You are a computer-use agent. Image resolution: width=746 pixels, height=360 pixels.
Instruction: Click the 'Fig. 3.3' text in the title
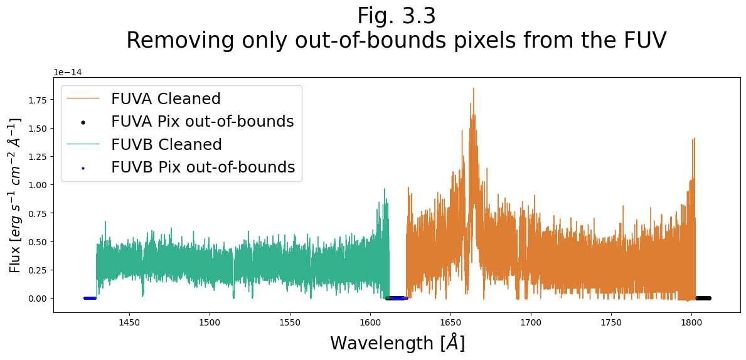pos(396,16)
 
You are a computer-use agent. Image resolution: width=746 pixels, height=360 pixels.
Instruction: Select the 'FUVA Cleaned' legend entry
pos(166,99)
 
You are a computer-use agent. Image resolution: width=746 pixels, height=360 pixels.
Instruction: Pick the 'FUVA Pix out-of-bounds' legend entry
pos(202,122)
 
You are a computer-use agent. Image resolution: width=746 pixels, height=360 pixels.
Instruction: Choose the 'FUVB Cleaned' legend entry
pos(166,145)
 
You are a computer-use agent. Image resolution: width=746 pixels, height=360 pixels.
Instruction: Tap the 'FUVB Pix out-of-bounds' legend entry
pos(203,167)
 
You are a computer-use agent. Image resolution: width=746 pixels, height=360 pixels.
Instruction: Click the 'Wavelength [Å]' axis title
pos(397,343)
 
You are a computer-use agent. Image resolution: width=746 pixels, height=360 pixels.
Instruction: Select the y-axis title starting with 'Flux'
pos(16,195)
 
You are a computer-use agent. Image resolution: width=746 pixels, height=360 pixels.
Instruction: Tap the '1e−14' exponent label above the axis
pos(67,72)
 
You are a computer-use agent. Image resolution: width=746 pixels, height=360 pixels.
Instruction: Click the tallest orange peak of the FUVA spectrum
pos(473,89)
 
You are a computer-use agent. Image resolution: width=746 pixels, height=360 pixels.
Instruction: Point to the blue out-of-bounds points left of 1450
pos(90,298)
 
